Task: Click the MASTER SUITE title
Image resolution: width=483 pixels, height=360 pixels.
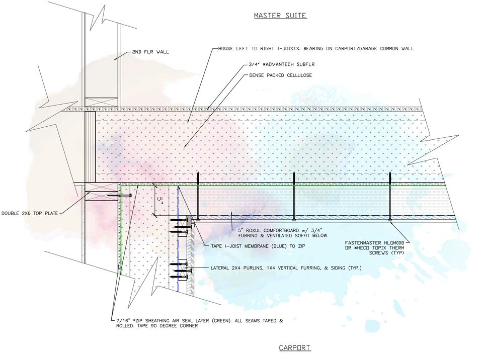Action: click(x=280, y=16)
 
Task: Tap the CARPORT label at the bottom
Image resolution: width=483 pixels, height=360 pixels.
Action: click(x=295, y=348)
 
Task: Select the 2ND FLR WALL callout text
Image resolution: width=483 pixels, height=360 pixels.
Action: click(x=150, y=52)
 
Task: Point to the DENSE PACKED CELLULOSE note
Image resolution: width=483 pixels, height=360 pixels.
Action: click(x=281, y=75)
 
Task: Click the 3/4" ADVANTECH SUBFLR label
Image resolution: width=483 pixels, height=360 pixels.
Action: click(x=282, y=65)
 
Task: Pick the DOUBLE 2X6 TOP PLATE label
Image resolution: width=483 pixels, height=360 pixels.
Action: click(x=30, y=213)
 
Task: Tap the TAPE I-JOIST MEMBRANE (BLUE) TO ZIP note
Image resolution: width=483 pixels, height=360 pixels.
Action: click(x=258, y=246)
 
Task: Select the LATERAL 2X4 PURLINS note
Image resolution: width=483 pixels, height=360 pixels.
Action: click(x=286, y=268)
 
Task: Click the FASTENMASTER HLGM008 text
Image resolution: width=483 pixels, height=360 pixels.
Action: click(x=374, y=243)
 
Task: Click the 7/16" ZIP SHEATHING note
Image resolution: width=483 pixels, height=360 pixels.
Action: click(x=200, y=323)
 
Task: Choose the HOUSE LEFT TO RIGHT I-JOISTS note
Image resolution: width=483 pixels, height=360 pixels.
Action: click(x=316, y=49)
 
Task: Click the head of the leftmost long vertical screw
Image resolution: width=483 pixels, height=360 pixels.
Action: click(x=198, y=219)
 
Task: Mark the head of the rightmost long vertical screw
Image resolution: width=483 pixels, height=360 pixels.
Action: click(x=390, y=219)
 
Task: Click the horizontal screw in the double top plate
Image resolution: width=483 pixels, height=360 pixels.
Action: click(x=120, y=195)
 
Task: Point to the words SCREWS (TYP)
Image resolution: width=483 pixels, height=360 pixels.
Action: click(x=386, y=253)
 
